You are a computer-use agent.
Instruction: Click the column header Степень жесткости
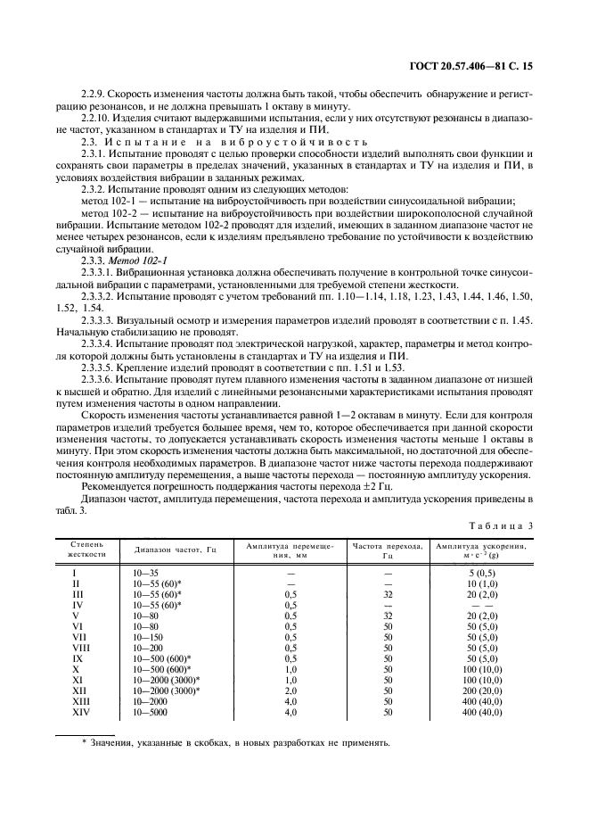86,548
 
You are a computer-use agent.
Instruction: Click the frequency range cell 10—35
146,573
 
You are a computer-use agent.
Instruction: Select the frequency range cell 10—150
148,638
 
